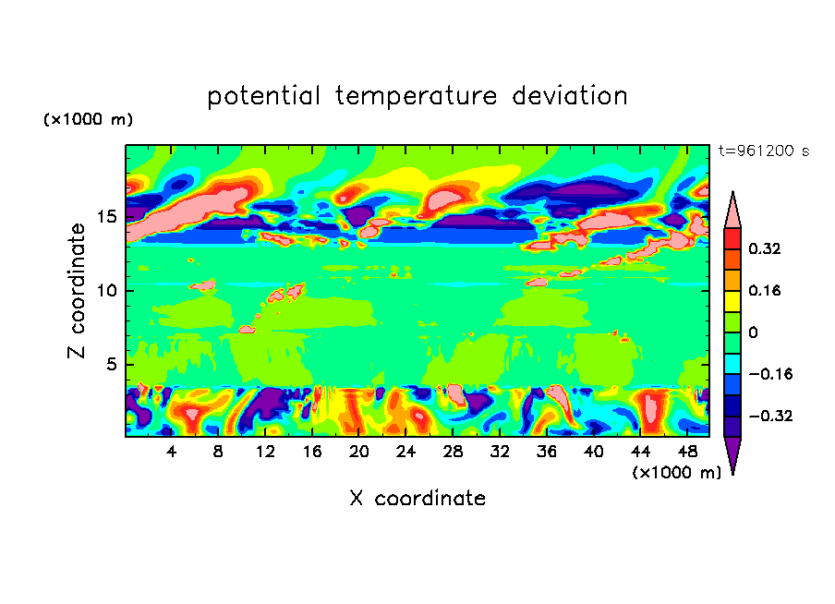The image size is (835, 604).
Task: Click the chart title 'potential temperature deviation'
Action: [417, 96]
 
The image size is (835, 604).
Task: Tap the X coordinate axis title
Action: [417, 499]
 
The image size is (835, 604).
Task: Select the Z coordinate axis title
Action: [78, 291]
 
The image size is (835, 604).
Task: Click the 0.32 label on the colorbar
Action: [766, 248]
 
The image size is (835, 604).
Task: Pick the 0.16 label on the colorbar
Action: [766, 290]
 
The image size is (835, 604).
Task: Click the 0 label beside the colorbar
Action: [753, 332]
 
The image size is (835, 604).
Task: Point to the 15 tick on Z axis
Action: [108, 217]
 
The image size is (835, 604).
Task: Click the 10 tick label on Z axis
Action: [108, 291]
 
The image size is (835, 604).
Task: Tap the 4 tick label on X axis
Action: [172, 452]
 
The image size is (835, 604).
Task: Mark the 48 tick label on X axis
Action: [686, 452]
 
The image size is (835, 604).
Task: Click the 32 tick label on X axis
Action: [500, 452]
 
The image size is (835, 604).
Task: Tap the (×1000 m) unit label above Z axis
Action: [88, 120]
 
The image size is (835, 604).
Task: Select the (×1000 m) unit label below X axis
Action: [676, 472]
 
